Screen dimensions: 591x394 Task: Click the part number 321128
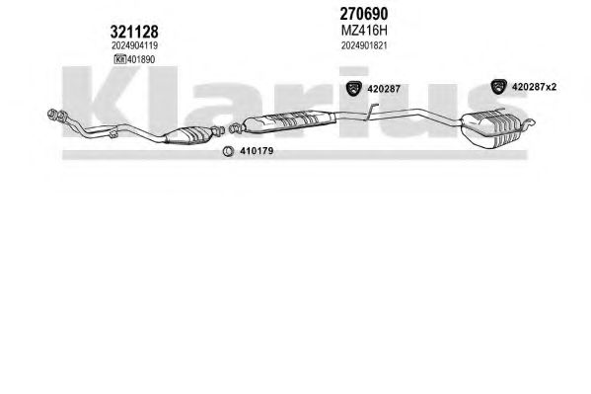(134, 32)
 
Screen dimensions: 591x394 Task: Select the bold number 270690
(364, 14)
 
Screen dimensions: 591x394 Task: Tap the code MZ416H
(364, 31)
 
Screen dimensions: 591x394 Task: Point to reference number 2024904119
(134, 45)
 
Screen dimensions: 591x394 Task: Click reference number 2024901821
(364, 45)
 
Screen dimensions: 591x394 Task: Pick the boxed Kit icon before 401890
(119, 59)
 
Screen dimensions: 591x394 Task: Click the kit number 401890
(141, 59)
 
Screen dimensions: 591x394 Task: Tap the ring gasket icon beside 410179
(227, 151)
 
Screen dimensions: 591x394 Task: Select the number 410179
(257, 151)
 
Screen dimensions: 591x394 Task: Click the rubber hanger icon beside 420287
(353, 88)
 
